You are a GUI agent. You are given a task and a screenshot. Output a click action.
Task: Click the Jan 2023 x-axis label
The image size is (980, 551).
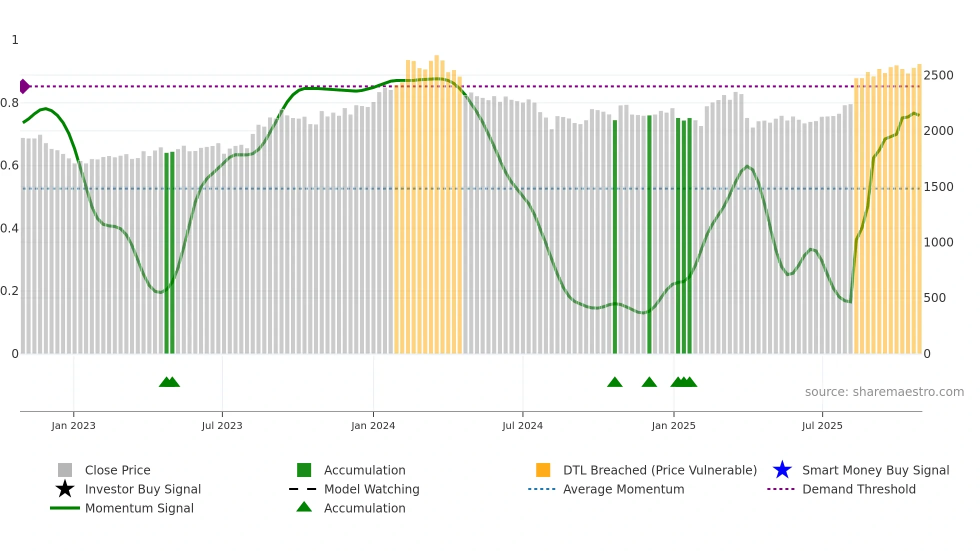pos(73,425)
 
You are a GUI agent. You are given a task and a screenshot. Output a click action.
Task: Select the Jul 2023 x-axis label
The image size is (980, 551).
pos(222,425)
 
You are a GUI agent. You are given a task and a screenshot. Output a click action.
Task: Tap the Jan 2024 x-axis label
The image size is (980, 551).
pos(373,425)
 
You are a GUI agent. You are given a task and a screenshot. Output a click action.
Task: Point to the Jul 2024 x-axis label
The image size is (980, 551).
pos(522,425)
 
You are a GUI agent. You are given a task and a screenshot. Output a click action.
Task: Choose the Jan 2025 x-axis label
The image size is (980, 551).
pos(673,425)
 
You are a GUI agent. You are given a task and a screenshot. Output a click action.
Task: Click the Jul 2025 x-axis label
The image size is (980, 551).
pos(822,425)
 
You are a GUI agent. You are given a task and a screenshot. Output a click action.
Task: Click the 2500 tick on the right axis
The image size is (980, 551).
pos(938,75)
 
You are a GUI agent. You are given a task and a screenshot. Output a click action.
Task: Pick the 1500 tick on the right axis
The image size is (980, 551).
pos(938,187)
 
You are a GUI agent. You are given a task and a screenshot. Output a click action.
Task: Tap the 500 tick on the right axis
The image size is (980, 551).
pos(934,298)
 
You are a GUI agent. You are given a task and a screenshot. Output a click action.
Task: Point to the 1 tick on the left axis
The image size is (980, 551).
pos(15,40)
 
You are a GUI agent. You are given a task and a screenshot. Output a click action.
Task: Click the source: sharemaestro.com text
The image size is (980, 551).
pos(884,392)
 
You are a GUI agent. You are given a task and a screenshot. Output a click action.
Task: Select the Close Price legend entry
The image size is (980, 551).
pos(117,470)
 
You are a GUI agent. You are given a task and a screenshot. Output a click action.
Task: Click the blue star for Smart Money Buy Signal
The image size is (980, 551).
pos(782,470)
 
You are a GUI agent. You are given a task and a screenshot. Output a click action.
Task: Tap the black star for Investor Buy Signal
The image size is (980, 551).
pos(65,489)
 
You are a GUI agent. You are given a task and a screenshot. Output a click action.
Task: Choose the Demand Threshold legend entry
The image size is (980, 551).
pos(858,489)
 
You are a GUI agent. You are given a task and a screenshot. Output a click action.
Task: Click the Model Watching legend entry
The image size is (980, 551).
pos(371,489)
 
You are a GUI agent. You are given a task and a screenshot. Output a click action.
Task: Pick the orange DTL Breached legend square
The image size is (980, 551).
pos(543,470)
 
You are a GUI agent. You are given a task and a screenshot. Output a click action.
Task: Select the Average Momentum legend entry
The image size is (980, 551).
pos(623,489)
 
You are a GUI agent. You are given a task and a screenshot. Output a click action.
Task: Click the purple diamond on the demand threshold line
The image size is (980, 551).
pos(24,86)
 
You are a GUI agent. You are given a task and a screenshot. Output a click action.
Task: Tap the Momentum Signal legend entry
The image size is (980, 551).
pos(139,508)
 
